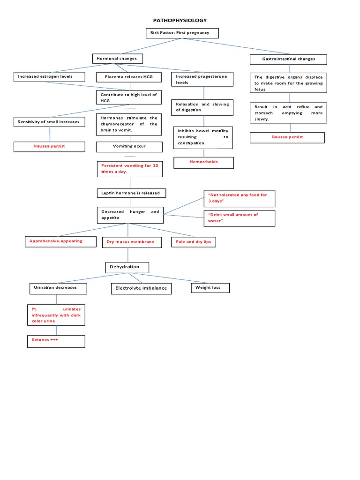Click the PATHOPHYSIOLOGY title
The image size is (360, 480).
(x=180, y=21)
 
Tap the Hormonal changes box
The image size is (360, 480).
(x=117, y=59)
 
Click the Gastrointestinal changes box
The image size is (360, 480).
(x=288, y=59)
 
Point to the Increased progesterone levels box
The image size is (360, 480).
(x=203, y=79)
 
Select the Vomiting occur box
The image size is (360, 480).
(x=129, y=147)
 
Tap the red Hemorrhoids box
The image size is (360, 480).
(x=203, y=162)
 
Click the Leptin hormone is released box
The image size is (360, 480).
(x=131, y=193)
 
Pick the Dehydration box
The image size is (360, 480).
(x=127, y=267)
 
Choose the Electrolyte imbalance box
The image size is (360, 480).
(x=141, y=288)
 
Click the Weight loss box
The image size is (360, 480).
(x=210, y=287)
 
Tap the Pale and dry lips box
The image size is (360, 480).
(x=194, y=242)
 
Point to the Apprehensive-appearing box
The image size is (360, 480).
(x=56, y=241)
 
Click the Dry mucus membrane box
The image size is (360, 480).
(x=131, y=242)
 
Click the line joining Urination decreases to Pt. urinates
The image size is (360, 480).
(x=57, y=299)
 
